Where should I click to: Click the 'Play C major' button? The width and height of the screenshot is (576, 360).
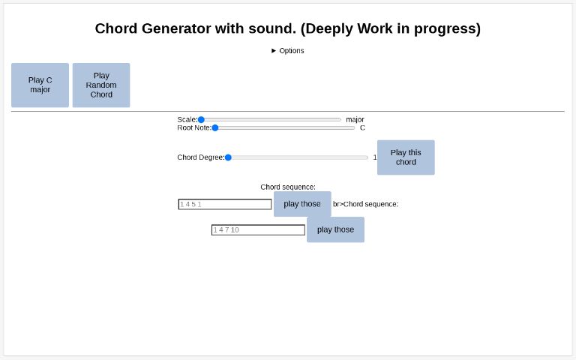[40, 85]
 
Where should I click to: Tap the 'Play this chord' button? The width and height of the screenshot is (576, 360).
[406, 157]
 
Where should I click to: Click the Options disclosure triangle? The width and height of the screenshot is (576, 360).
[274, 51]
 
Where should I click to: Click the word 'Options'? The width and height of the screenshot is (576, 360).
[292, 51]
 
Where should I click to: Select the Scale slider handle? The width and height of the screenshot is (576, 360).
[201, 119]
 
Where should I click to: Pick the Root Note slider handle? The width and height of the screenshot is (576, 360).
[215, 127]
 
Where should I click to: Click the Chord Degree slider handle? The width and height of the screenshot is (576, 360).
[228, 157]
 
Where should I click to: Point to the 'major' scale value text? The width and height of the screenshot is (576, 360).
[355, 119]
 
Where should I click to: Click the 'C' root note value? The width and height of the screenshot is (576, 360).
[362, 127]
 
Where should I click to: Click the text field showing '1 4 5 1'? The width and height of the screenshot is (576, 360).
[225, 204]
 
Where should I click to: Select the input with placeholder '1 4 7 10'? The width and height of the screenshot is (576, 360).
[258, 229]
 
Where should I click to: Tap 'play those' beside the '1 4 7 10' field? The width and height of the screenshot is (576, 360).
[335, 229]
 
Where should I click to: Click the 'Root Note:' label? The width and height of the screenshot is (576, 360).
[194, 127]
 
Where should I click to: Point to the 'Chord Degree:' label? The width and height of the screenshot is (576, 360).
[200, 157]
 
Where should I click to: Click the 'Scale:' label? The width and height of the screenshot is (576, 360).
[187, 119]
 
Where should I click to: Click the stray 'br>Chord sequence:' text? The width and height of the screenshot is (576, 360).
[365, 204]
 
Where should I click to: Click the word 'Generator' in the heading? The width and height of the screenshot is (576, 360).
[178, 28]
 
